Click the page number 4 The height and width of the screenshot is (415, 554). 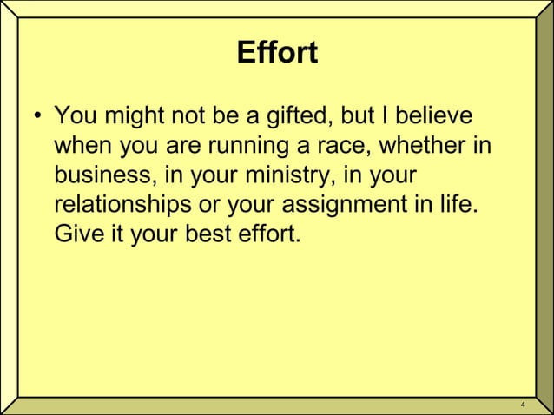tap(522, 405)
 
